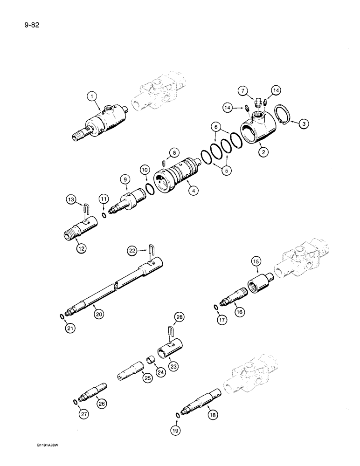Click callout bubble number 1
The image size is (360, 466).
click(93, 97)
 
